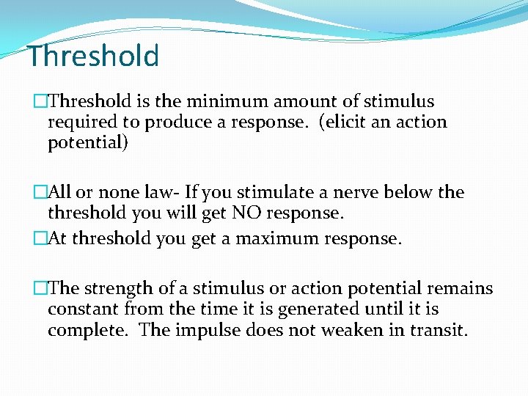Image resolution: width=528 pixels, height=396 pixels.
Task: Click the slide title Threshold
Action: point(93,56)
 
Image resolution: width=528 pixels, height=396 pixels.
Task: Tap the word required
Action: point(81,122)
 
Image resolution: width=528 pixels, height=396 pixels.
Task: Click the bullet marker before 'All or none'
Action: point(40,193)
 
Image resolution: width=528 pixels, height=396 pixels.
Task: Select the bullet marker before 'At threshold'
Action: point(40,238)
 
